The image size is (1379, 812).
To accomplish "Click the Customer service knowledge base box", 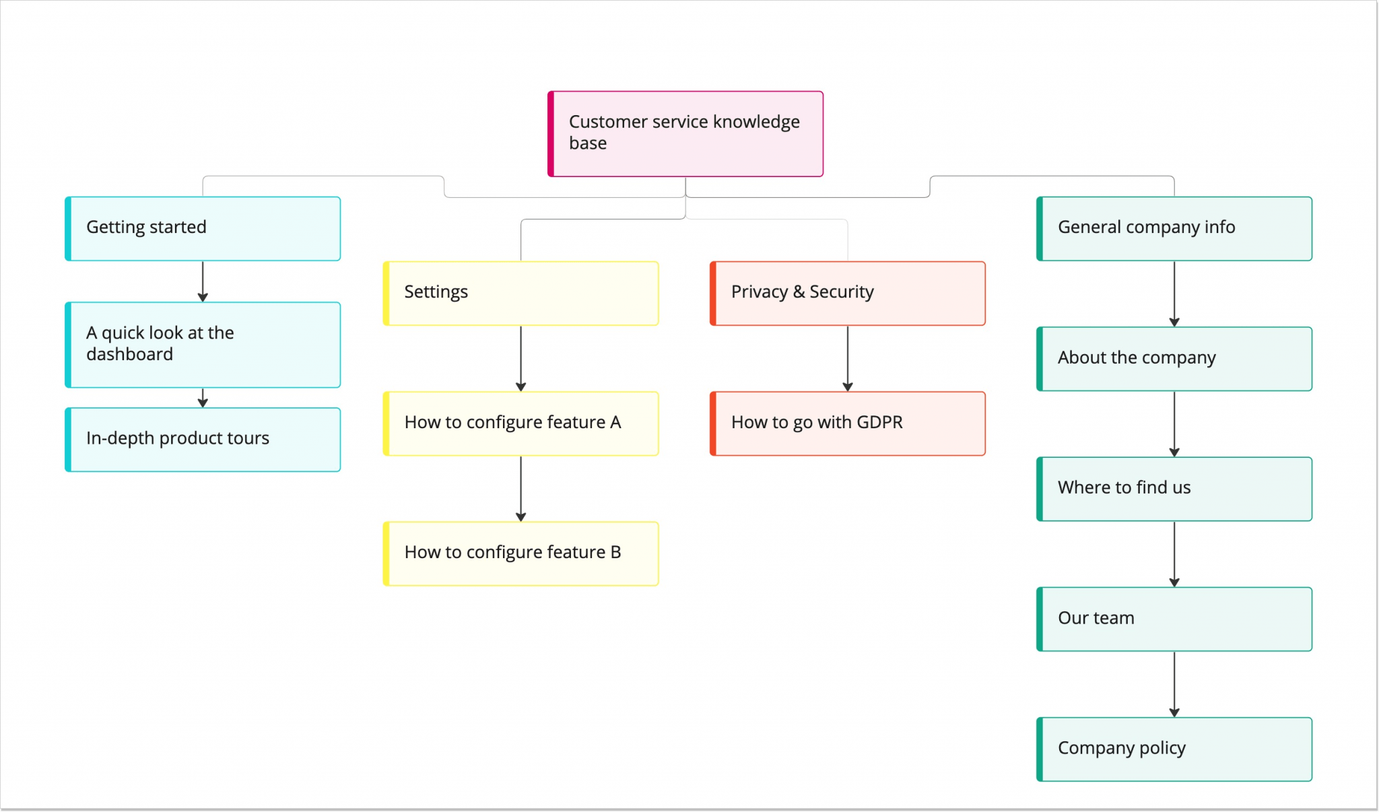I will coord(685,133).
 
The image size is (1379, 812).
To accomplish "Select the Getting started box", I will coord(203,228).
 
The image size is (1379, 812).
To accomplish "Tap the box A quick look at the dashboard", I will coord(203,344).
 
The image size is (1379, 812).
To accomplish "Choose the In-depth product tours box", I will coord(203,439).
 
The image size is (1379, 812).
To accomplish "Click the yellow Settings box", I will coord(520,293).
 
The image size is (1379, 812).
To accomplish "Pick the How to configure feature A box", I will coord(520,423).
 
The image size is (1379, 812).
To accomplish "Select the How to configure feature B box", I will coord(520,553).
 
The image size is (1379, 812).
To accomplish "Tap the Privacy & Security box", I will coord(848,293).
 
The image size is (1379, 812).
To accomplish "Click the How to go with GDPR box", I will coord(848,423).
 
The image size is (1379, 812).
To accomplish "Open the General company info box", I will coord(1174,228).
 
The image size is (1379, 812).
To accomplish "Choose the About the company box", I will coord(1174,358).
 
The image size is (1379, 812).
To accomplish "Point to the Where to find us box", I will coord(1174,488).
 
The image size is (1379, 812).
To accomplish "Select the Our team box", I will coord(1174,618).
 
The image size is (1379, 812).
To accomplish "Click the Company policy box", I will coord(1174,749).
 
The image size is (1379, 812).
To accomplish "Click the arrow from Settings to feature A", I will coord(520,358).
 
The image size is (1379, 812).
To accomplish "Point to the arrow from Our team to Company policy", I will coord(1174,683).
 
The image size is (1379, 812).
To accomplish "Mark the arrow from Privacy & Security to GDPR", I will coord(848,358).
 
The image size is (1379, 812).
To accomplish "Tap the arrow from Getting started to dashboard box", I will coord(203,281).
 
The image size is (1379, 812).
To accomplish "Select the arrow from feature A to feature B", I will coord(520,488).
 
